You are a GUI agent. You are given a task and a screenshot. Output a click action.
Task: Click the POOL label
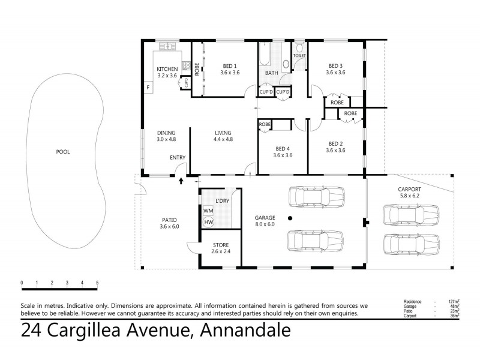tap(62, 152)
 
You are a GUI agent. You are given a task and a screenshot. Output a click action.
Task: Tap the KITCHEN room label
tap(167, 69)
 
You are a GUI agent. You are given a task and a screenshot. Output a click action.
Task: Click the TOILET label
tap(299, 56)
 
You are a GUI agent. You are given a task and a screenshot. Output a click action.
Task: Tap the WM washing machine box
tap(209, 211)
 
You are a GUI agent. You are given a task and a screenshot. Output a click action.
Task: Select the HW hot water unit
tap(209, 223)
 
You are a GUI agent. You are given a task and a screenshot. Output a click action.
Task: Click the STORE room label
tap(220, 245)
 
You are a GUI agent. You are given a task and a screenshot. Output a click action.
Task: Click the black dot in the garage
tap(289, 218)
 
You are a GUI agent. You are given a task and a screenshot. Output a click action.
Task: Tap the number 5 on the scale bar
tap(97, 283)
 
